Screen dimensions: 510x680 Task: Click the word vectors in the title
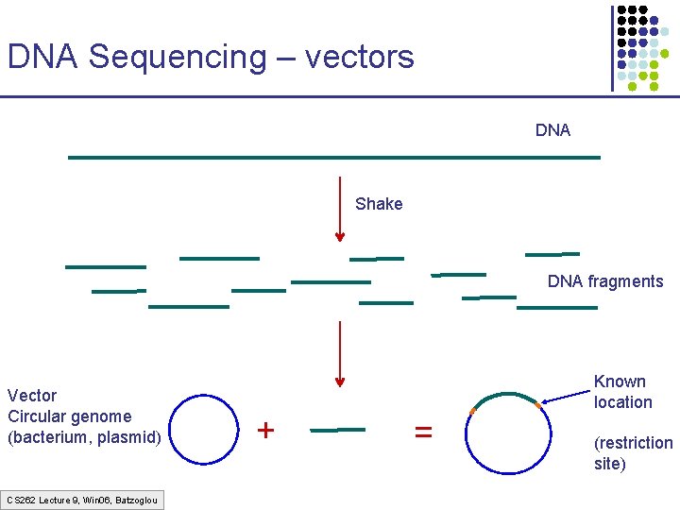click(x=359, y=57)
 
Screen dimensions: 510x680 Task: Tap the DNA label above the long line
click(x=552, y=130)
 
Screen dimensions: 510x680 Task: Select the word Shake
click(x=379, y=204)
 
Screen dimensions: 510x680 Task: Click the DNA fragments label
click(x=605, y=281)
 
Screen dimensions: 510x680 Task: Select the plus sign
click(x=266, y=431)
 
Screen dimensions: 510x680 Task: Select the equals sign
click(x=424, y=432)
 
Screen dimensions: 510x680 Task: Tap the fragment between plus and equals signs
click(x=337, y=430)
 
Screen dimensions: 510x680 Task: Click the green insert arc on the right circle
click(x=505, y=395)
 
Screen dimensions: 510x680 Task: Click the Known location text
click(x=622, y=392)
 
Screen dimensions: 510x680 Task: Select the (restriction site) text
click(x=633, y=453)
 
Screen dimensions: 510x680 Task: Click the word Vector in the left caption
click(x=32, y=396)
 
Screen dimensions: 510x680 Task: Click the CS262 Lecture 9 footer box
click(x=82, y=499)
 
